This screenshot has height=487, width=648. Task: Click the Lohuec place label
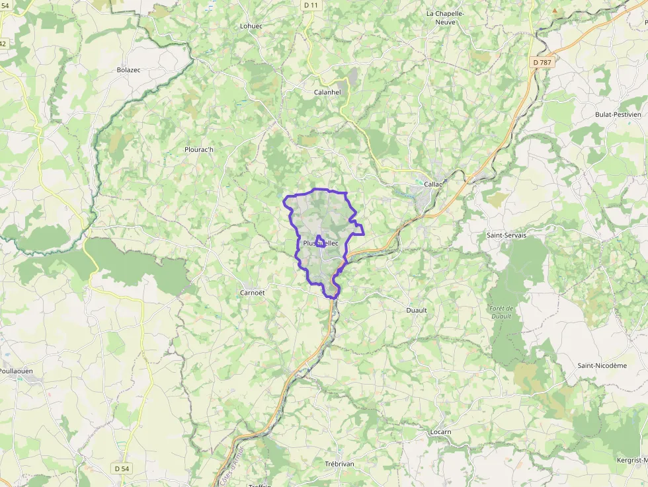[251, 26]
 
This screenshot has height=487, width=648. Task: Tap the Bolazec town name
[129, 69]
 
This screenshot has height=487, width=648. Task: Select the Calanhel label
[327, 93]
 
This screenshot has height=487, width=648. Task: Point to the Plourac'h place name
[199, 149]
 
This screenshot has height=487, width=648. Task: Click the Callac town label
[434, 184]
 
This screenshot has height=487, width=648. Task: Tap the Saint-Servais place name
[506, 235]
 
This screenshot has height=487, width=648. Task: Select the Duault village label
[416, 310]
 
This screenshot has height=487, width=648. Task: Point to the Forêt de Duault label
[501, 312]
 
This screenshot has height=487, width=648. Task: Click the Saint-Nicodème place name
[602, 365]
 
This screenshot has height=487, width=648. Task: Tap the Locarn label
[440, 432]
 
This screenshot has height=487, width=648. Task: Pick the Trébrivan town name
[339, 464]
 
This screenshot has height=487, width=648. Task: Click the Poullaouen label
[17, 371]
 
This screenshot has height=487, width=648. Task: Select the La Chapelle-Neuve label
[446, 17]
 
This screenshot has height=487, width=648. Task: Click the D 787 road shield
[542, 62]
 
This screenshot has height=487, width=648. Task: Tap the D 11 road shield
[311, 5]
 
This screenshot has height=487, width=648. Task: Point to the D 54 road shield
[121, 468]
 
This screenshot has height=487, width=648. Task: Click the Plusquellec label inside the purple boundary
[320, 243]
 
